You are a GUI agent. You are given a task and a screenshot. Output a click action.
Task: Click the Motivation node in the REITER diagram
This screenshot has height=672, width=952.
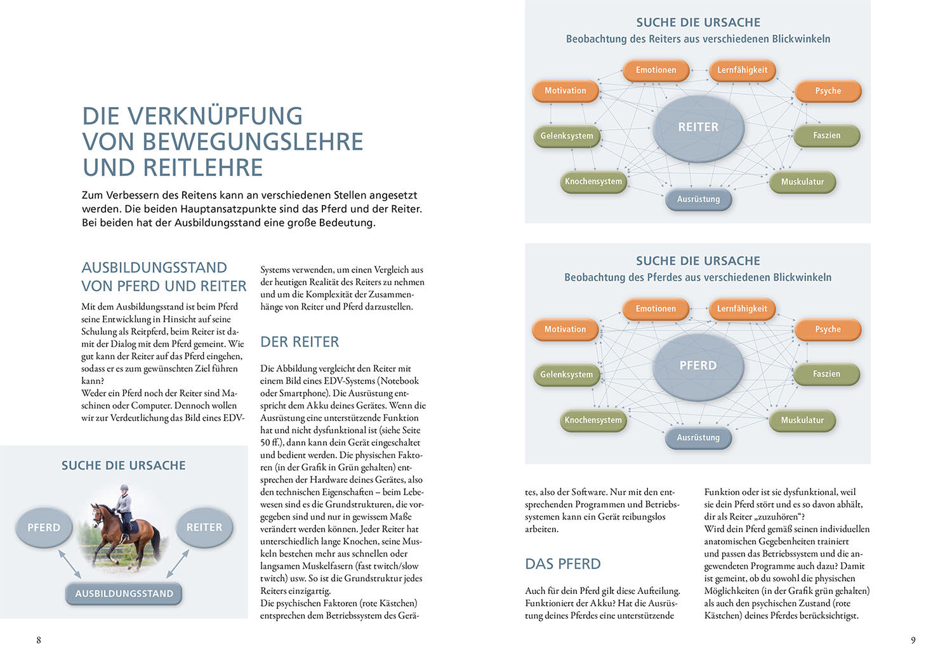(565, 91)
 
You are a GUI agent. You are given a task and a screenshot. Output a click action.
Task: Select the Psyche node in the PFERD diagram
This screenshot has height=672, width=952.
(828, 329)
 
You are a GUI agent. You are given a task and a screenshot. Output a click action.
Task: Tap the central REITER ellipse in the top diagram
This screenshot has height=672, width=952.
(698, 128)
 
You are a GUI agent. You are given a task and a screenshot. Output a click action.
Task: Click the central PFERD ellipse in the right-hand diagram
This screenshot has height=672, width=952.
(698, 366)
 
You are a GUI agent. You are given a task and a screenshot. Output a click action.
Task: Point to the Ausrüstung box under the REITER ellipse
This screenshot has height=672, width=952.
(698, 199)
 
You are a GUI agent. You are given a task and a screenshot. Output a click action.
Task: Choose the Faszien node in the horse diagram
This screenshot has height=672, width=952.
(826, 374)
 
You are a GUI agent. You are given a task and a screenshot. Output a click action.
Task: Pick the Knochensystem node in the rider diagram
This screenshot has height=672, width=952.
(593, 181)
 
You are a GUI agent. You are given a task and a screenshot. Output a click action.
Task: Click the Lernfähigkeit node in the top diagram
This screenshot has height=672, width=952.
(742, 70)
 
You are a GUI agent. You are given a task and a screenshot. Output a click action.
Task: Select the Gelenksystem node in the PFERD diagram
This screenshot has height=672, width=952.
(566, 375)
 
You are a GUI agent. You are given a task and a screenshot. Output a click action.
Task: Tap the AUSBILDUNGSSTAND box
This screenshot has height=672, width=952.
(124, 594)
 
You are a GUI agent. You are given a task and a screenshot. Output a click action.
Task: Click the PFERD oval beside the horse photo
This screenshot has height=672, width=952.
(44, 527)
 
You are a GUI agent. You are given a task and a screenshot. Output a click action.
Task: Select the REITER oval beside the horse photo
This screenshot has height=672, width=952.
(204, 527)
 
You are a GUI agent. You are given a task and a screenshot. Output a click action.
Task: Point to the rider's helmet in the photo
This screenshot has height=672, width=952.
(124, 488)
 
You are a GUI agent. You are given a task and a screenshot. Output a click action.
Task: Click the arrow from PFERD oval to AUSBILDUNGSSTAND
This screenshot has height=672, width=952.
(70, 563)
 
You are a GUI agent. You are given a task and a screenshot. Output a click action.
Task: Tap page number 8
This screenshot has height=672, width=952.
(39, 640)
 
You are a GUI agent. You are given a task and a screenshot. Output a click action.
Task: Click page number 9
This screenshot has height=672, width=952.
(913, 640)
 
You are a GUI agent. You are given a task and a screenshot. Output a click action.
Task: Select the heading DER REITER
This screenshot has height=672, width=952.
(300, 342)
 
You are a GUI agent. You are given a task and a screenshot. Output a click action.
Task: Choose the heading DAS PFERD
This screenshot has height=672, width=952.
(562, 564)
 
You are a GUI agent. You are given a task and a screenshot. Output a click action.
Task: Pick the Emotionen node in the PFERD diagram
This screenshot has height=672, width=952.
(656, 309)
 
